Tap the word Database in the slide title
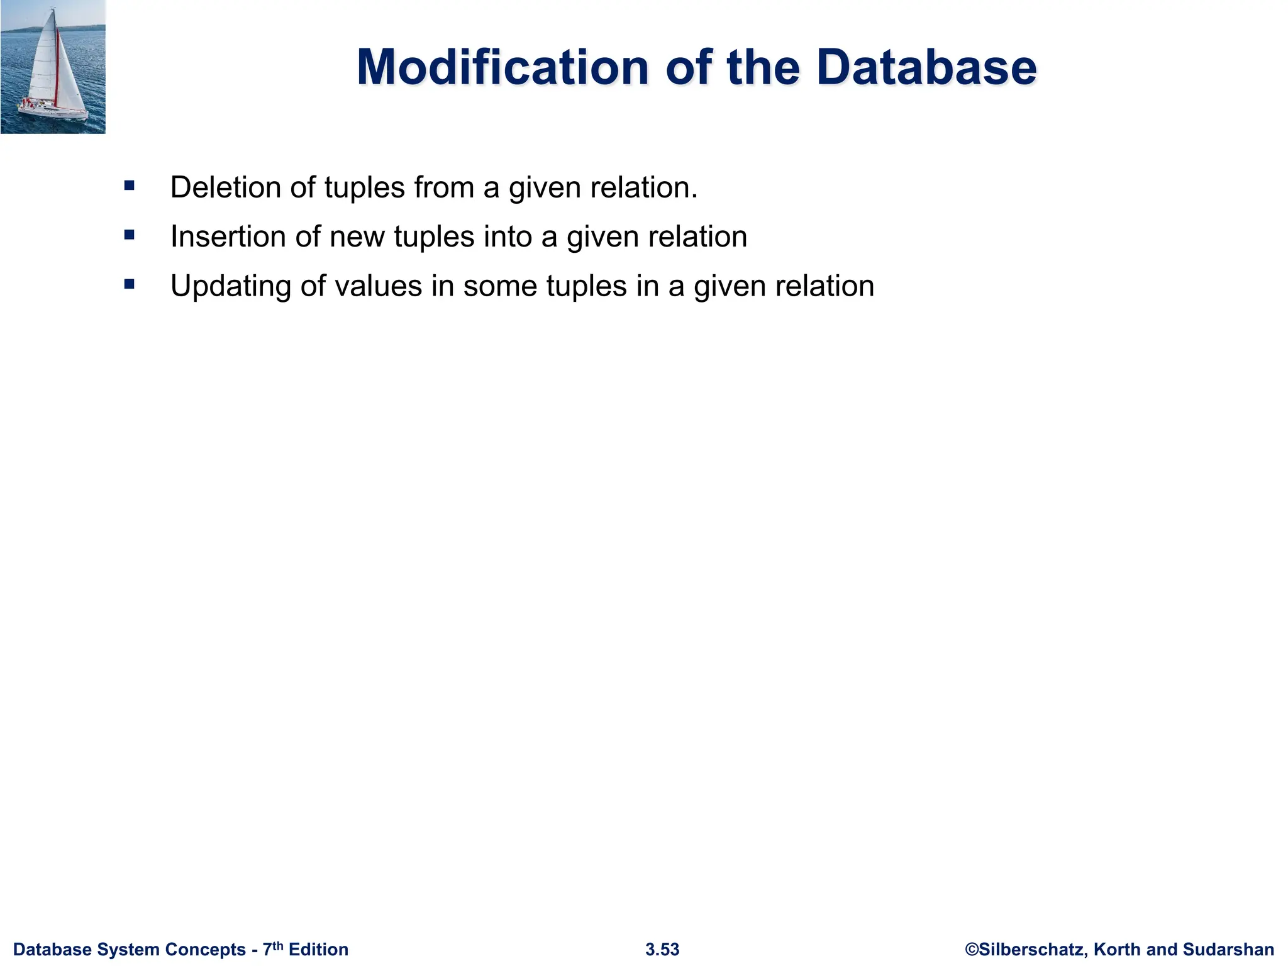926,67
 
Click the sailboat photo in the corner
53,67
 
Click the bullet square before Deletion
130,186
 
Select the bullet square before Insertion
130,235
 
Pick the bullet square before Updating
130,284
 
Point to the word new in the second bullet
357,237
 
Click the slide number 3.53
662,950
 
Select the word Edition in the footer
318,950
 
